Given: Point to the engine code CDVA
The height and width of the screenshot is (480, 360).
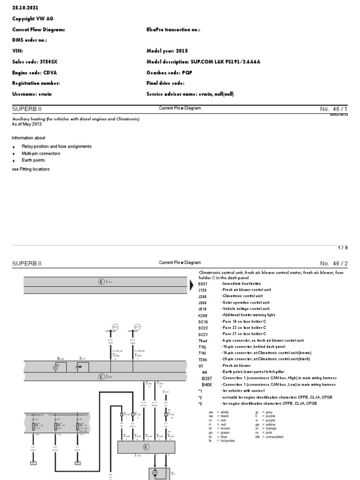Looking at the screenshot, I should click(x=47, y=73).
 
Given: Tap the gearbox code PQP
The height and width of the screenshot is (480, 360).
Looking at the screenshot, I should click(x=184, y=73).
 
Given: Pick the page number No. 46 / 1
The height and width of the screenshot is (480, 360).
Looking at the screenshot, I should click(x=332, y=109).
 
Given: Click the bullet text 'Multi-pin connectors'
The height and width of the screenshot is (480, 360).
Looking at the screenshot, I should click(x=41, y=153).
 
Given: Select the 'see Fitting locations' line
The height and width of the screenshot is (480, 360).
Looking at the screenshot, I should click(x=30, y=169).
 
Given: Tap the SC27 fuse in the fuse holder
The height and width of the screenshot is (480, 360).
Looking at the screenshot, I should click(x=78, y=427).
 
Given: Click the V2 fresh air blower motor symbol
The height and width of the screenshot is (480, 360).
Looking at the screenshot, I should click(x=154, y=473).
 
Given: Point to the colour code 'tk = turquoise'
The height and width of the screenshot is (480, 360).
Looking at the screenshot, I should click(x=222, y=441).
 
